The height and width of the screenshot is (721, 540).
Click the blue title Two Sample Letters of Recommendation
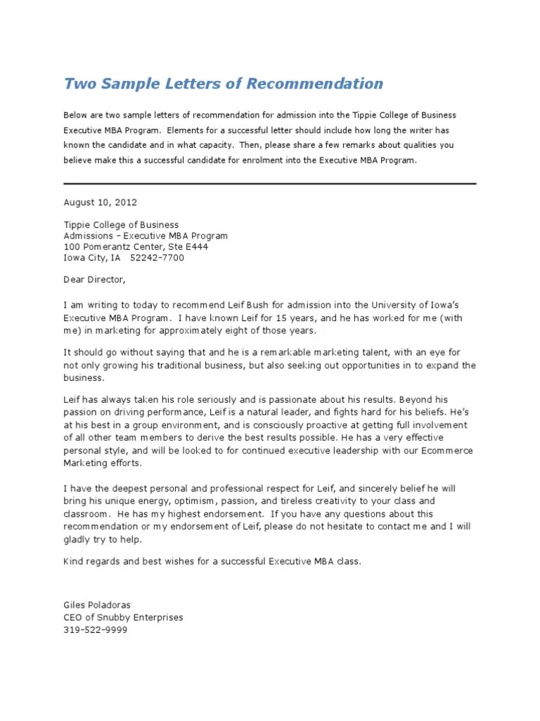tap(224, 84)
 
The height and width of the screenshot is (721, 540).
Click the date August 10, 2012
tap(101, 201)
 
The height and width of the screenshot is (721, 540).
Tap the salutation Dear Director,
tap(94, 280)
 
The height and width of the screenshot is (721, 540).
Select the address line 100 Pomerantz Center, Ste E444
tap(136, 247)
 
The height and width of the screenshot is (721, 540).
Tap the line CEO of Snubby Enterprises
tap(123, 617)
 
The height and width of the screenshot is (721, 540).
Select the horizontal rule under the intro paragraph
tap(270, 183)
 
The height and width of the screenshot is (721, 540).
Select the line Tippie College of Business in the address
tap(121, 225)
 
